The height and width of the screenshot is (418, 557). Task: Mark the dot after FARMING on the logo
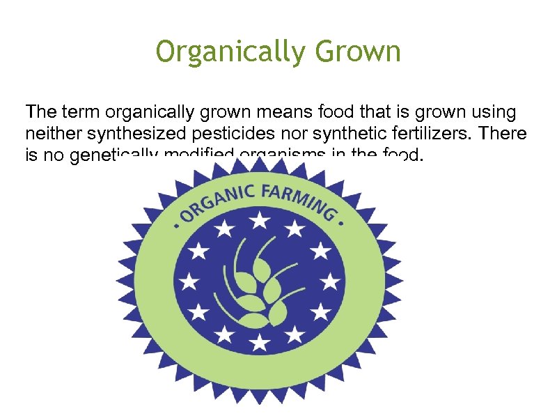point(342,224)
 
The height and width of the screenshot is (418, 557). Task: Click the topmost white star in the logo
point(260,221)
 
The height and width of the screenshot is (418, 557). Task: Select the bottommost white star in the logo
point(259,341)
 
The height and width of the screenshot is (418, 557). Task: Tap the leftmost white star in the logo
point(188,281)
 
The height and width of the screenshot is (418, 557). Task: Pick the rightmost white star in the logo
point(331,281)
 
